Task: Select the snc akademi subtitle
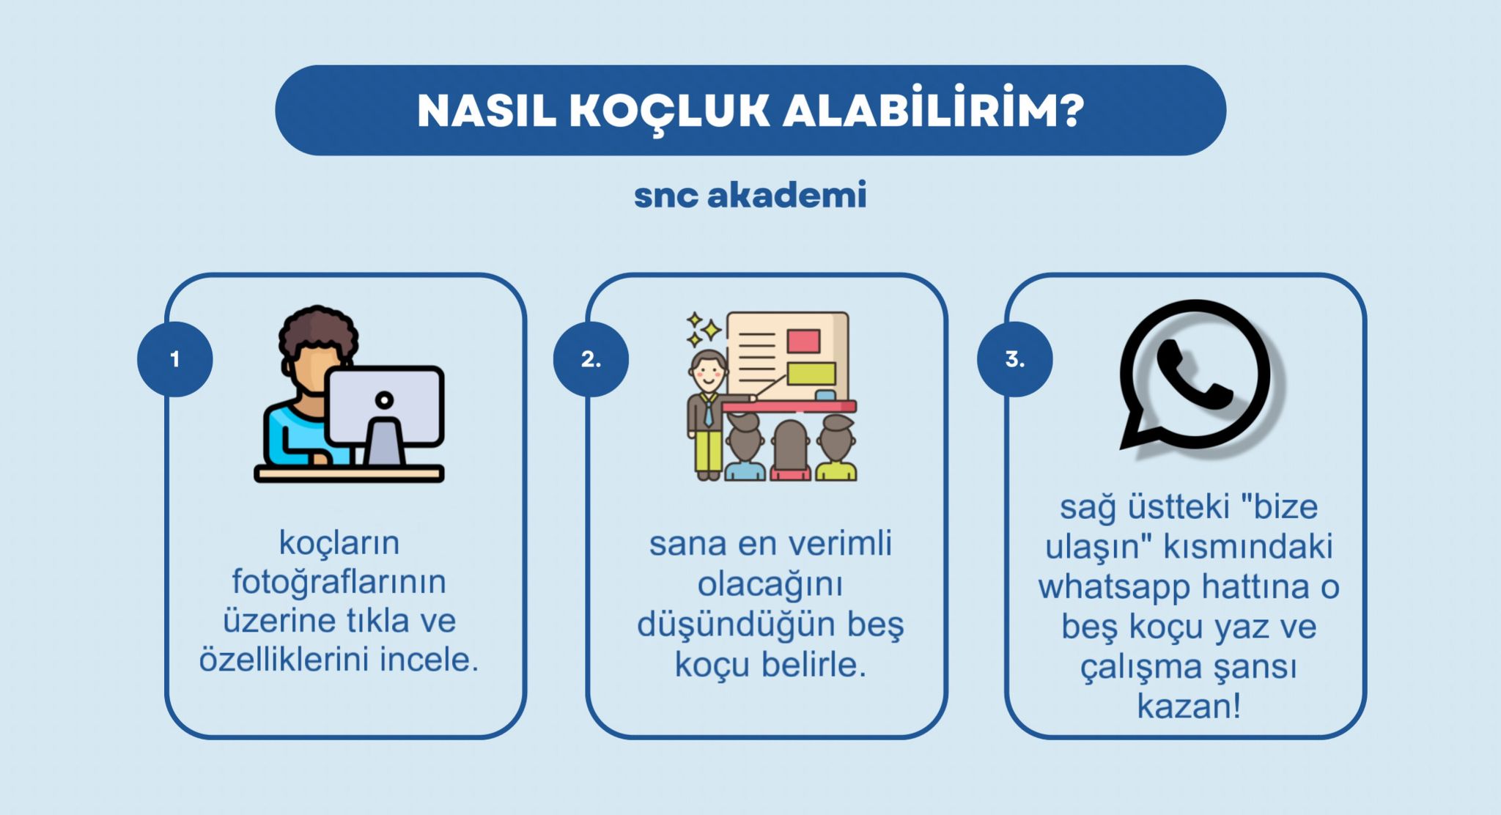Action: click(750, 195)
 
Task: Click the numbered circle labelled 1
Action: click(175, 359)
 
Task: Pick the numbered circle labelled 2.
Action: click(591, 359)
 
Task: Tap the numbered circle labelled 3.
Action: click(1015, 359)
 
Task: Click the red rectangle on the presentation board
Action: click(803, 341)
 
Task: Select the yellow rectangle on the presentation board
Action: click(811, 373)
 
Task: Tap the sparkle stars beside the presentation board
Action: click(702, 330)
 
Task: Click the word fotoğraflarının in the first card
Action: click(339, 583)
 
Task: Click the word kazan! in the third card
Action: click(1189, 706)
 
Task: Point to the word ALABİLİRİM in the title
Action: click(918, 110)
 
